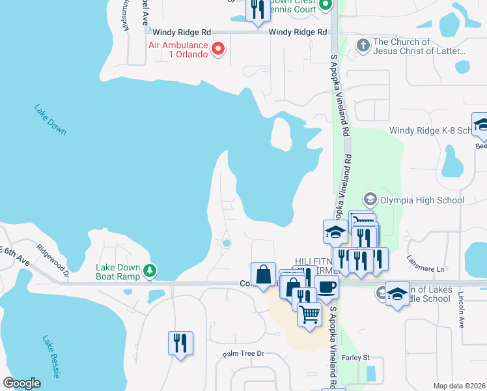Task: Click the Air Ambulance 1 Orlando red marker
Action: pos(219,49)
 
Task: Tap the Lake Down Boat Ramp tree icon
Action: pos(150,270)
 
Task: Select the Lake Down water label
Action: pos(50,120)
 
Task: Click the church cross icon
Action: pos(363,46)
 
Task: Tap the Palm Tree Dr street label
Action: pos(242,354)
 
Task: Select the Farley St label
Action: pos(357,357)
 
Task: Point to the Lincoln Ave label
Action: pos(462,310)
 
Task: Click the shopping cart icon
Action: pos(310,314)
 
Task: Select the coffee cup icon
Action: pos(326,285)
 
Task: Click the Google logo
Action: pos(21,383)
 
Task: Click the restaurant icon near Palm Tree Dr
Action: pos(180,342)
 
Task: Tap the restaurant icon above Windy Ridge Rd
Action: pos(258,9)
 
